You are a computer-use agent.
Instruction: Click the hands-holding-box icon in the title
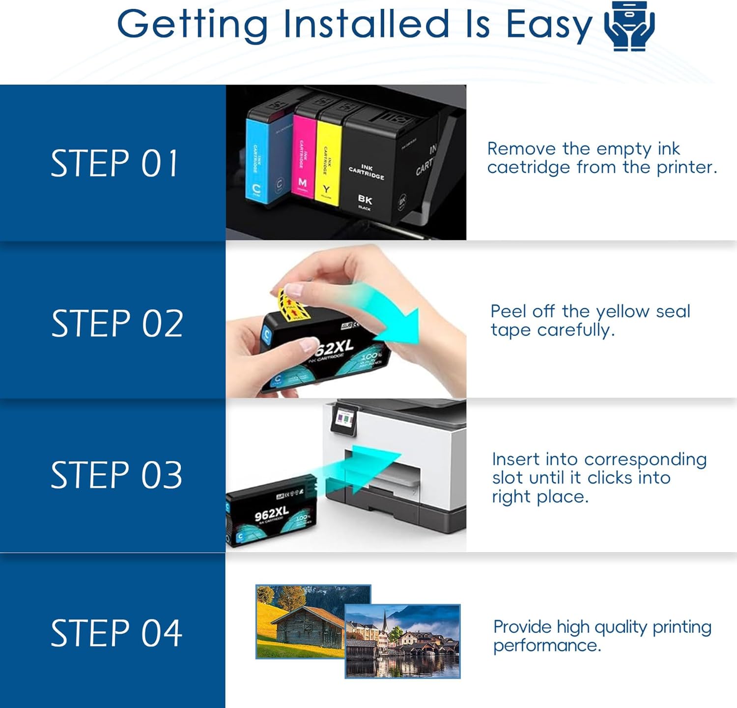click(629, 26)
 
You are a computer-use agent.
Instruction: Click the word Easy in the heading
click(549, 25)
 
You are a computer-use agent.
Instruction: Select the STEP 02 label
click(117, 324)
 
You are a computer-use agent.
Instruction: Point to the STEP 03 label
click(116, 475)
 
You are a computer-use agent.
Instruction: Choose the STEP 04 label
click(116, 633)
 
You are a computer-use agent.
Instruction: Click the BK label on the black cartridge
click(365, 199)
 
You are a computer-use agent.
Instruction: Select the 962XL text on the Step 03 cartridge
click(271, 513)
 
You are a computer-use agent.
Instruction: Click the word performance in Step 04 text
click(546, 646)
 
